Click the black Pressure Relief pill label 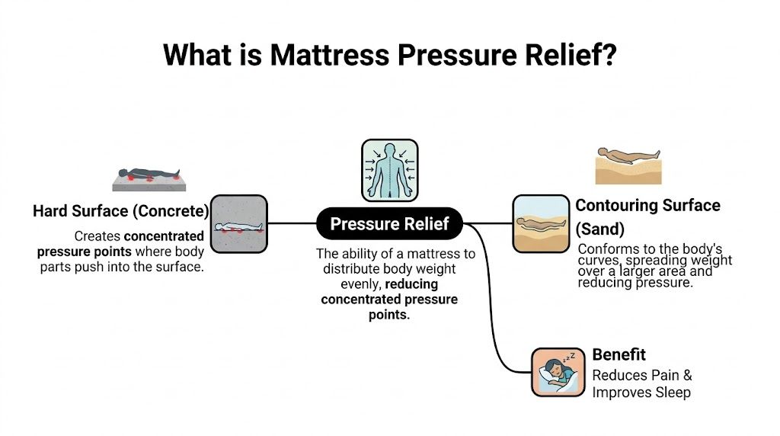[389, 224]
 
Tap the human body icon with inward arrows [389, 169]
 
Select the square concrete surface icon [238, 224]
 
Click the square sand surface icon [541, 224]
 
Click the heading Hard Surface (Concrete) [120, 211]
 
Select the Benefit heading [619, 354]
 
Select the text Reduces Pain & [641, 375]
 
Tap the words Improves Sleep [641, 393]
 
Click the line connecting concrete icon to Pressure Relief [292, 224]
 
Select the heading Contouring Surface [647, 205]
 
